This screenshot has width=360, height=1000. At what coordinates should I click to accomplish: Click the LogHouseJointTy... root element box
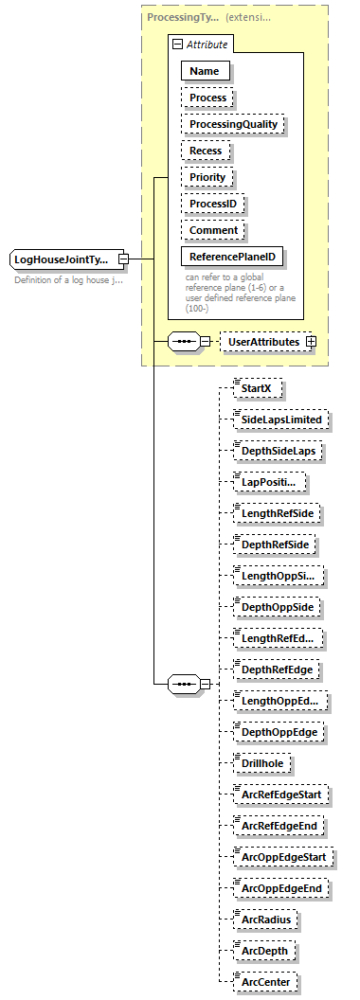click(62, 259)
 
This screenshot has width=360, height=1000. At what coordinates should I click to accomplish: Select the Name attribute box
click(204, 71)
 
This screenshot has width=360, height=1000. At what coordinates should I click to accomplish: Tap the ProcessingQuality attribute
click(233, 124)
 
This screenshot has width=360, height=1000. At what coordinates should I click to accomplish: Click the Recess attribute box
click(206, 151)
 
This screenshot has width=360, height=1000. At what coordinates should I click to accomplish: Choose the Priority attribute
click(207, 177)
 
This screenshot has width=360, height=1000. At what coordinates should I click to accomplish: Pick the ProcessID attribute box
click(213, 204)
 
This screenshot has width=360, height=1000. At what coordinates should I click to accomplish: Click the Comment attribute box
click(213, 230)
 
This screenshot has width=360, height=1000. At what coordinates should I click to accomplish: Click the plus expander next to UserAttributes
click(310, 341)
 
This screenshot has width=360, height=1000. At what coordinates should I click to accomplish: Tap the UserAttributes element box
click(263, 341)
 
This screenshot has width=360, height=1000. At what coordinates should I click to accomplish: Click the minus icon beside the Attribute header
click(176, 45)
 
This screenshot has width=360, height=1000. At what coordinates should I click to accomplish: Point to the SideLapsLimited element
click(281, 419)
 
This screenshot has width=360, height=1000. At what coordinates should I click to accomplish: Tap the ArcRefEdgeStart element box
click(281, 795)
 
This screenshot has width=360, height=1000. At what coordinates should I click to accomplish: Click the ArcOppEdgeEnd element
click(281, 888)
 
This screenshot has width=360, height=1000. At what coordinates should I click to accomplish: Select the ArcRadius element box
click(265, 919)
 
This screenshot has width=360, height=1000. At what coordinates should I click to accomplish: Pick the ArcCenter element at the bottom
click(266, 981)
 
